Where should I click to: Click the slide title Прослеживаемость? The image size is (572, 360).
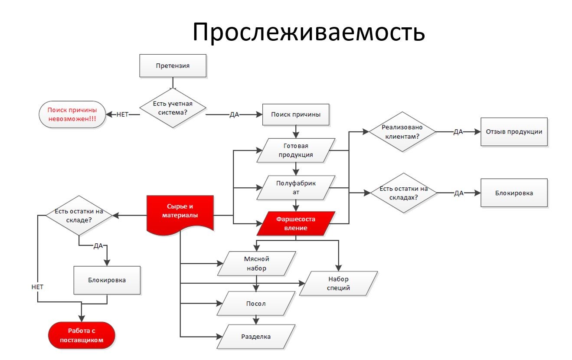(x=308, y=32)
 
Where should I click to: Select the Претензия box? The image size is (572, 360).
(x=173, y=66)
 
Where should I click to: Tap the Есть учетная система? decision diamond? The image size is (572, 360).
(x=173, y=108)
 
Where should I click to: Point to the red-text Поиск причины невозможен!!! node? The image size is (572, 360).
(x=72, y=115)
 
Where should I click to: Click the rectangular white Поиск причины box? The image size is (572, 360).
(x=296, y=115)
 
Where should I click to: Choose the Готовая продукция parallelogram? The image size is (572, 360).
(x=296, y=150)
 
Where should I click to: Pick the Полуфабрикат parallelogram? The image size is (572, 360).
(x=296, y=187)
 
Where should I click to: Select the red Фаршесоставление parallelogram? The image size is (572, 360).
(x=296, y=223)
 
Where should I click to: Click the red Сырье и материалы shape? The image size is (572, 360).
(x=180, y=213)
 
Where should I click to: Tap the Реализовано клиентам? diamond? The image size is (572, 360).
(x=402, y=131)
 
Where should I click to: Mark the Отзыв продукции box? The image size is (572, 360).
(x=514, y=131)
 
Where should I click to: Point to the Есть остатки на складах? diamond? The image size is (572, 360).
(x=402, y=193)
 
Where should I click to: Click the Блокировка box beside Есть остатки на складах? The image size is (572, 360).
(x=514, y=193)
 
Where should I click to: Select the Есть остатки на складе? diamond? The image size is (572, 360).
(x=79, y=216)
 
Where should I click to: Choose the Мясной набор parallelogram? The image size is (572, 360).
(x=257, y=263)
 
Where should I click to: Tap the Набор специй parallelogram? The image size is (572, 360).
(x=339, y=283)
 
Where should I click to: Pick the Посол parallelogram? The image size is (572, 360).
(x=257, y=303)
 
